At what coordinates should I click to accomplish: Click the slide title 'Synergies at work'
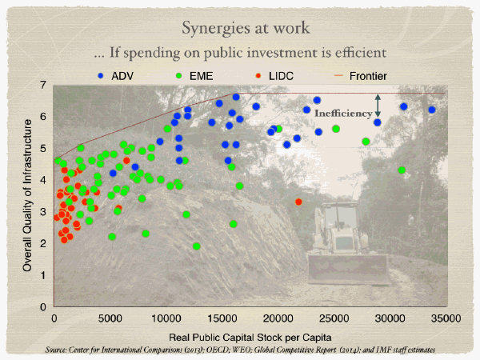pyautogui.click(x=239, y=28)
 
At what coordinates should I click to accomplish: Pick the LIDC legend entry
pyautogui.click(x=287, y=76)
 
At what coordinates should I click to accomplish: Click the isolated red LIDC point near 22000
pyautogui.click(x=298, y=202)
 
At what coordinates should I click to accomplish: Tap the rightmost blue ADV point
pyautogui.click(x=432, y=110)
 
